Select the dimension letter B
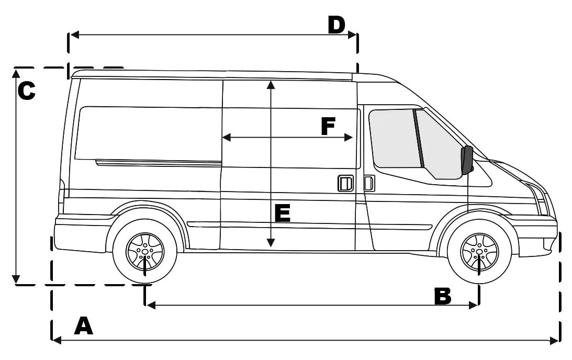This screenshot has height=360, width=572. click(x=443, y=296)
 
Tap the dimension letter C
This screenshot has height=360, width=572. click(x=26, y=91)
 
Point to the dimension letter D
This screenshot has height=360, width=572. click(x=337, y=25)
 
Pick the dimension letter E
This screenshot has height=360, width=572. click(x=282, y=213)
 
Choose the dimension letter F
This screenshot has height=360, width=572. click(x=328, y=126)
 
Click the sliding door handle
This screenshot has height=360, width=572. click(x=345, y=184)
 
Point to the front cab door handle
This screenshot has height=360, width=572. click(x=369, y=183)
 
